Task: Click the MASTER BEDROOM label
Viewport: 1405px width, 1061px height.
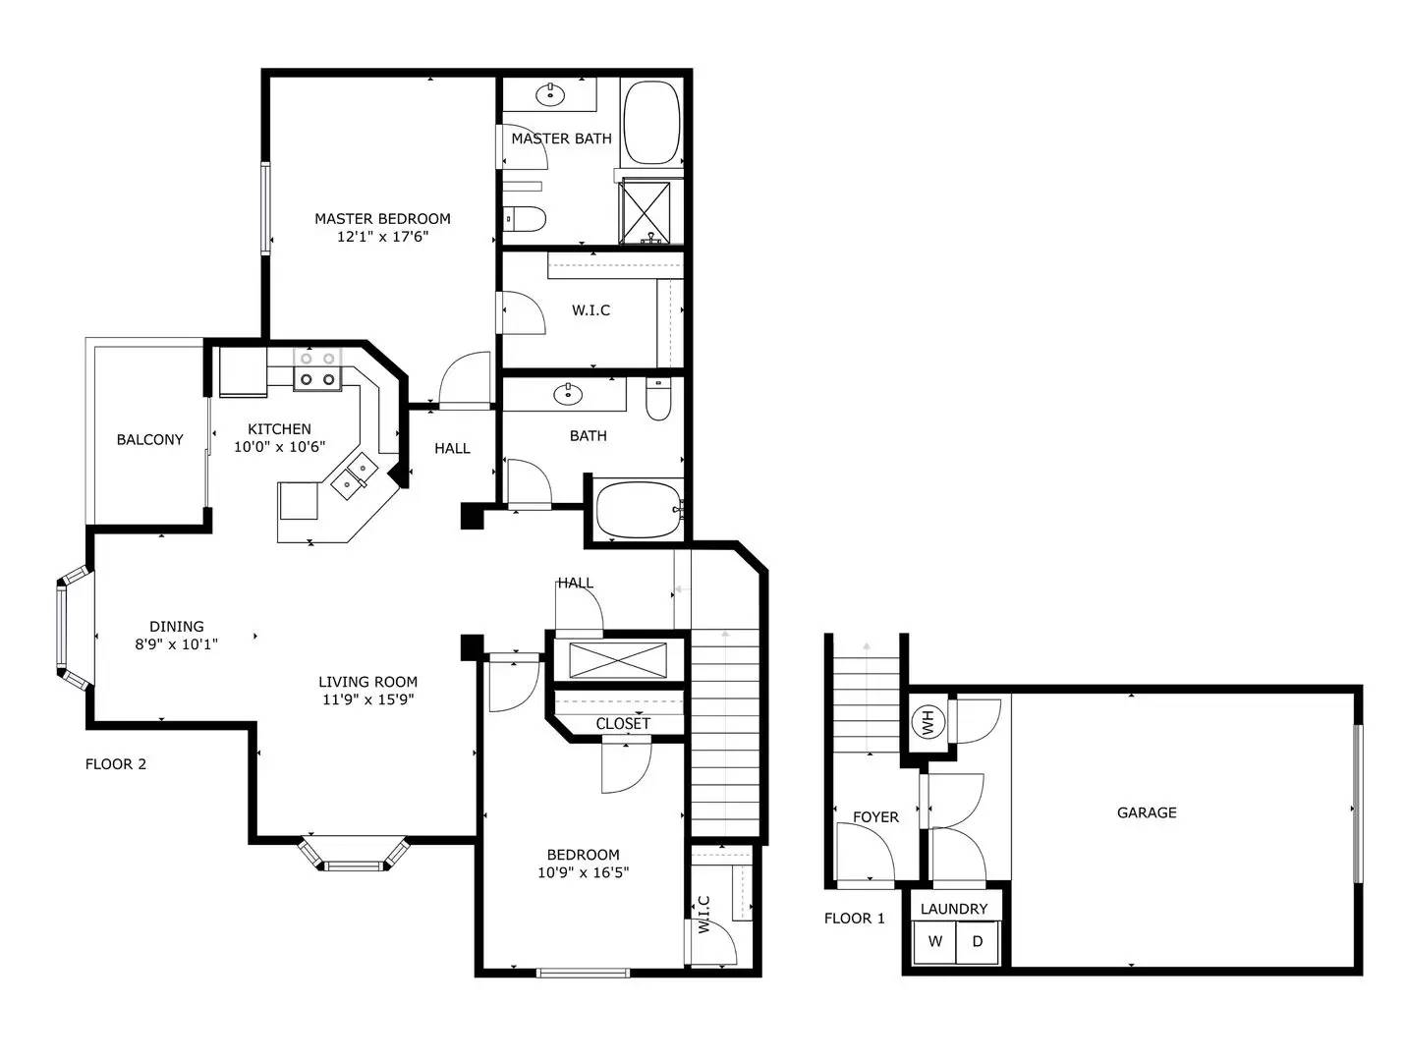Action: tap(382, 218)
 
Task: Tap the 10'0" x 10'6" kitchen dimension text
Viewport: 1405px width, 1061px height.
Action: tap(279, 447)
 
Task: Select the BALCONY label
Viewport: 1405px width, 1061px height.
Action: tap(149, 440)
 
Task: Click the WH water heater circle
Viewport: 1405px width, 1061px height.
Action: tap(928, 721)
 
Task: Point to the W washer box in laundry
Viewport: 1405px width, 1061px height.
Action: tap(934, 942)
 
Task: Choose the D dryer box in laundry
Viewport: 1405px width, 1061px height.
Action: tap(977, 942)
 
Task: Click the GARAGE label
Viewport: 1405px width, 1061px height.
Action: tap(1147, 812)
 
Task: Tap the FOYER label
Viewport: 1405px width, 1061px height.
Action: tap(875, 817)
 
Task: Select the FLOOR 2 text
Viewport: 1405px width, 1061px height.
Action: tap(116, 764)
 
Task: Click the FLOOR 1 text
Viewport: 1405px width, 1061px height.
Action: tap(855, 919)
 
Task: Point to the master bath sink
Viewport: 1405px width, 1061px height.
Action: tap(550, 94)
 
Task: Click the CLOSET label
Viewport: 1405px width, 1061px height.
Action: tap(623, 724)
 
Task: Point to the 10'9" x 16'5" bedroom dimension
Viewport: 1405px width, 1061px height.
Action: tap(583, 872)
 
